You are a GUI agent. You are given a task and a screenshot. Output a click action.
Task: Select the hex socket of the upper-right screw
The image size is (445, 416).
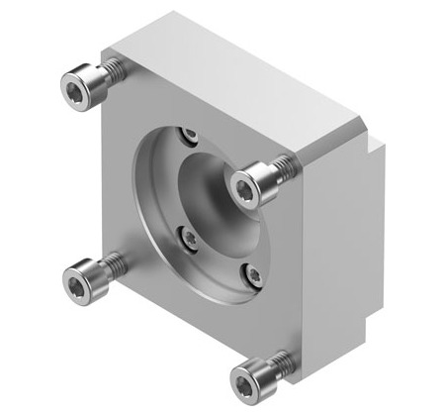244,185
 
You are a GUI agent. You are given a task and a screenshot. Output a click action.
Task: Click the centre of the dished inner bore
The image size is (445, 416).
212,203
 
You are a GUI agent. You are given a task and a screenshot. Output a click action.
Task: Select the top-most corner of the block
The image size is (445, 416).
174,13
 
